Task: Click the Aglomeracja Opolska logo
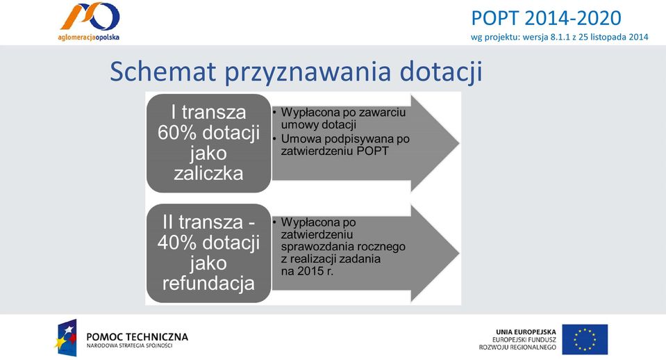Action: coord(89,22)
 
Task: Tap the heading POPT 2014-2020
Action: coord(547,18)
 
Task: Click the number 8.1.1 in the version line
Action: coord(560,37)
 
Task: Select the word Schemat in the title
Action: coord(163,72)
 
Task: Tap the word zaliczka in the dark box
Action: coord(208,173)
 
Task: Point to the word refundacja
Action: coord(208,283)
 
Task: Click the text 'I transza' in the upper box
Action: coord(208,112)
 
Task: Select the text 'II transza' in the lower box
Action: coord(203,222)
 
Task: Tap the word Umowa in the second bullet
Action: coord(298,139)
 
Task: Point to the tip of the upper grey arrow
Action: coord(459,143)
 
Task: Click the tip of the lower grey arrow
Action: coord(459,253)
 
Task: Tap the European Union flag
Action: coord(585,339)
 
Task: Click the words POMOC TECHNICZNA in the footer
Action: coord(138,337)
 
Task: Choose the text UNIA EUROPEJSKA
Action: coord(526,332)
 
